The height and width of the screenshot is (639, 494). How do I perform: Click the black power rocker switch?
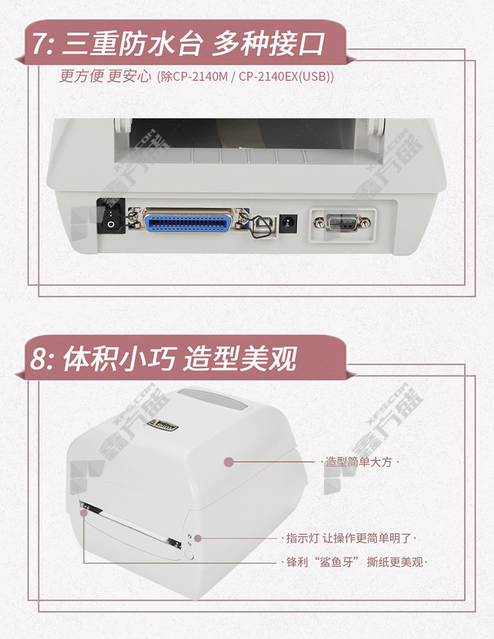coord(111,216)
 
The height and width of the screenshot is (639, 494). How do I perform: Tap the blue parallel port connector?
coord(188,221)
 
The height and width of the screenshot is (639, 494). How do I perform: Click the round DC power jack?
coord(288,224)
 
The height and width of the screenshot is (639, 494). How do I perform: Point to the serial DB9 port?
coord(343,222)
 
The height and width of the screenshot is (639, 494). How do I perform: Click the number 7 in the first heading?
coord(39,44)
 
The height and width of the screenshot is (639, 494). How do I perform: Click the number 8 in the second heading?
coord(38,359)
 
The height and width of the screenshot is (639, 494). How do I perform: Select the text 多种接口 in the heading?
coord(268,44)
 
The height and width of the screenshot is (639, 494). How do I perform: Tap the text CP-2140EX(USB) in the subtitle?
coord(285,76)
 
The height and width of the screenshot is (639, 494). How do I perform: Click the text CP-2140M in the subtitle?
coord(199,76)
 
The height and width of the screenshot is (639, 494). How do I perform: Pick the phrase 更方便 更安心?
coord(105,76)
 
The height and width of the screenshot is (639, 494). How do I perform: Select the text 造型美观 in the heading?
coord(240,359)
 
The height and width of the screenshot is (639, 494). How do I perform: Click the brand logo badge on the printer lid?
coord(162,425)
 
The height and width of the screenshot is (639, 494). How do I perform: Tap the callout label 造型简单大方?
coord(358,461)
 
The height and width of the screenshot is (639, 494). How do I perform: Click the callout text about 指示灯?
coord(348,538)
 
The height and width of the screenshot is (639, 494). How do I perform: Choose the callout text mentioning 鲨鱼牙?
coord(355,562)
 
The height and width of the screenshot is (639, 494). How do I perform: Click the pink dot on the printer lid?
coord(229,461)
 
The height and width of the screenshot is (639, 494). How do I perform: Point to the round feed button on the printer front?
coord(189,554)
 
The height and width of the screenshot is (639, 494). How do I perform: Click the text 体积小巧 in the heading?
coord(119,359)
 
